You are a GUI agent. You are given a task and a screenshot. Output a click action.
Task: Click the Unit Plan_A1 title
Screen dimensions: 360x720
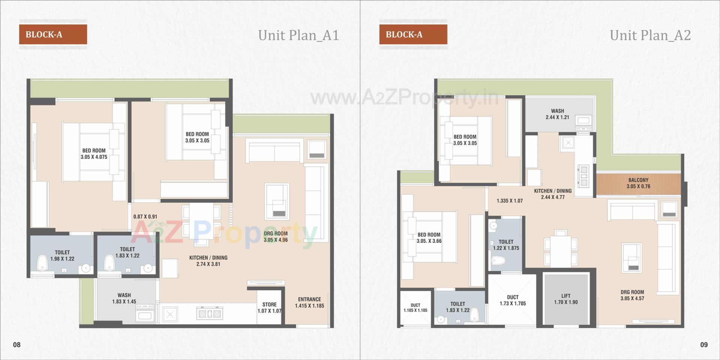[298, 35]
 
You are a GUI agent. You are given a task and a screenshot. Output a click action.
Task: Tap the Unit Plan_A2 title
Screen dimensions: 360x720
[650, 35]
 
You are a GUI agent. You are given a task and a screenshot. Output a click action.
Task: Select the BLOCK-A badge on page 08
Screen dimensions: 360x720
[53, 34]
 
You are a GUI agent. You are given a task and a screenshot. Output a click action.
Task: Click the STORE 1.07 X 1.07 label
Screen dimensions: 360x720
[269, 307]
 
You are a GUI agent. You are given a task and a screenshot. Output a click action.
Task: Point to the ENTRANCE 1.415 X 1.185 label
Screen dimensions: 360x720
[309, 302]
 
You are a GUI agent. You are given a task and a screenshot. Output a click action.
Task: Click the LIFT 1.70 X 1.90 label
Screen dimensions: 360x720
[566, 299]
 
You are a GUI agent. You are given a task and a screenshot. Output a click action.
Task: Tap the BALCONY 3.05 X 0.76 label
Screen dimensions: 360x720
[638, 183]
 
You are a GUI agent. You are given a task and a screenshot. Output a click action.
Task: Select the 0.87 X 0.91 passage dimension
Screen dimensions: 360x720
[145, 216]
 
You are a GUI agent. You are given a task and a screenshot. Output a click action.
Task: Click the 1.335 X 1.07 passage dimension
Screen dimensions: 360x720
[510, 201]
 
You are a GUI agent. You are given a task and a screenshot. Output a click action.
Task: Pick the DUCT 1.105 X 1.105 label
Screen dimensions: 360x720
[415, 307]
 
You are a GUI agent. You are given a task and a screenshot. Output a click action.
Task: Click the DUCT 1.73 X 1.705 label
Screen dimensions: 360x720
[513, 300]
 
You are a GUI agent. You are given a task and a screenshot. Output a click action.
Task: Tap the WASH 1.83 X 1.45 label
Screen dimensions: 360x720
[124, 298]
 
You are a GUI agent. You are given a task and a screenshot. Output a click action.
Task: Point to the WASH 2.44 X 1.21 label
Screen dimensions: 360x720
[557, 114]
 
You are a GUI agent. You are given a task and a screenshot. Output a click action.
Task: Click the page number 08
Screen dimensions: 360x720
[17, 345]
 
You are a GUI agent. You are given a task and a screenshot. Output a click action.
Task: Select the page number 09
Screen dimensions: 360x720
[704, 345]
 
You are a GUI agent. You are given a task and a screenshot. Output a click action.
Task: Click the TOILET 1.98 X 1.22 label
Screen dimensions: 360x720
[62, 255]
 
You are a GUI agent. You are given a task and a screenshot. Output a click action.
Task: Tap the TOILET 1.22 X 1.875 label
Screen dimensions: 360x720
[506, 245]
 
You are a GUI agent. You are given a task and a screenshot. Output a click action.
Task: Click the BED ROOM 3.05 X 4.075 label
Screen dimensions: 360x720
[94, 154]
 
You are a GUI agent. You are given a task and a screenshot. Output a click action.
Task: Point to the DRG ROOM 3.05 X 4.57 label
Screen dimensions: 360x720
[632, 295]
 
